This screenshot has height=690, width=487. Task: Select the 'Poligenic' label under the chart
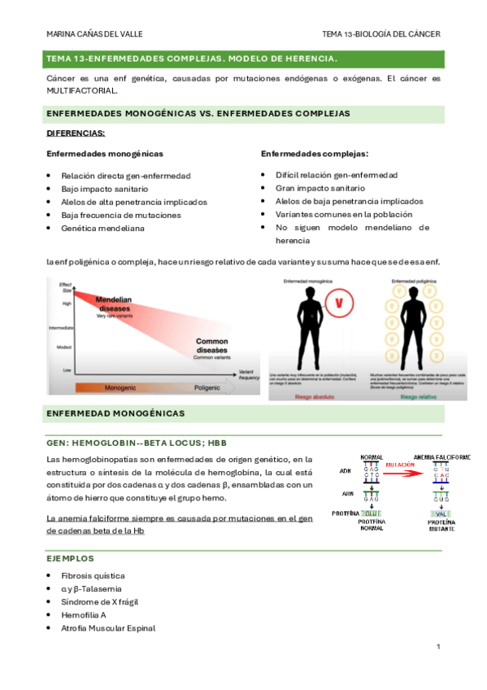tap(207, 389)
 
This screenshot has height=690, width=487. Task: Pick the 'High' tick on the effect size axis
tap(67, 303)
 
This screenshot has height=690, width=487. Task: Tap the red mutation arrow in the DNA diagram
tap(401, 471)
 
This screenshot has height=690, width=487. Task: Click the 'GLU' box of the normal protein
tap(371, 513)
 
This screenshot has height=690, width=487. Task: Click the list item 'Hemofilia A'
tap(85, 614)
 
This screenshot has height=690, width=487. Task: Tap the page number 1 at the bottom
tap(437, 647)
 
